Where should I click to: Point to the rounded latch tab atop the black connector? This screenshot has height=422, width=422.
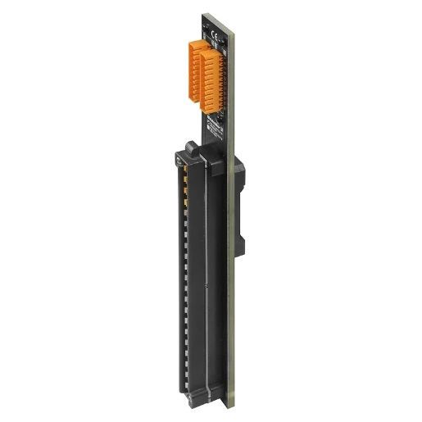pyautogui.click(x=189, y=147)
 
